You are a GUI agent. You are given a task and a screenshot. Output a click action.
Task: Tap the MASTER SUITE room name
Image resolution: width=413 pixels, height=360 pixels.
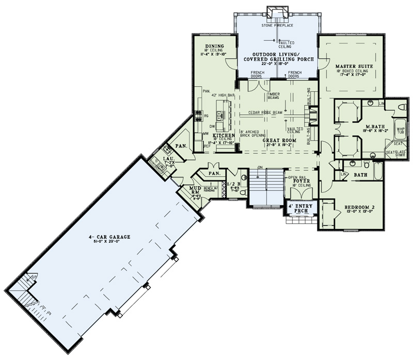[x=351, y=67]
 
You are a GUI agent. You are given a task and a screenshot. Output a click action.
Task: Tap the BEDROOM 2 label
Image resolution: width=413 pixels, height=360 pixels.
[x=358, y=207]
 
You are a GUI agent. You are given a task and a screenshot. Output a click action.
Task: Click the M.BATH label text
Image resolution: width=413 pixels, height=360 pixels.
[x=373, y=126]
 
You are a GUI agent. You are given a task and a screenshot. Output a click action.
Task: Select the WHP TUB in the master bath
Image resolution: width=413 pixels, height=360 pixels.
[x=401, y=130]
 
